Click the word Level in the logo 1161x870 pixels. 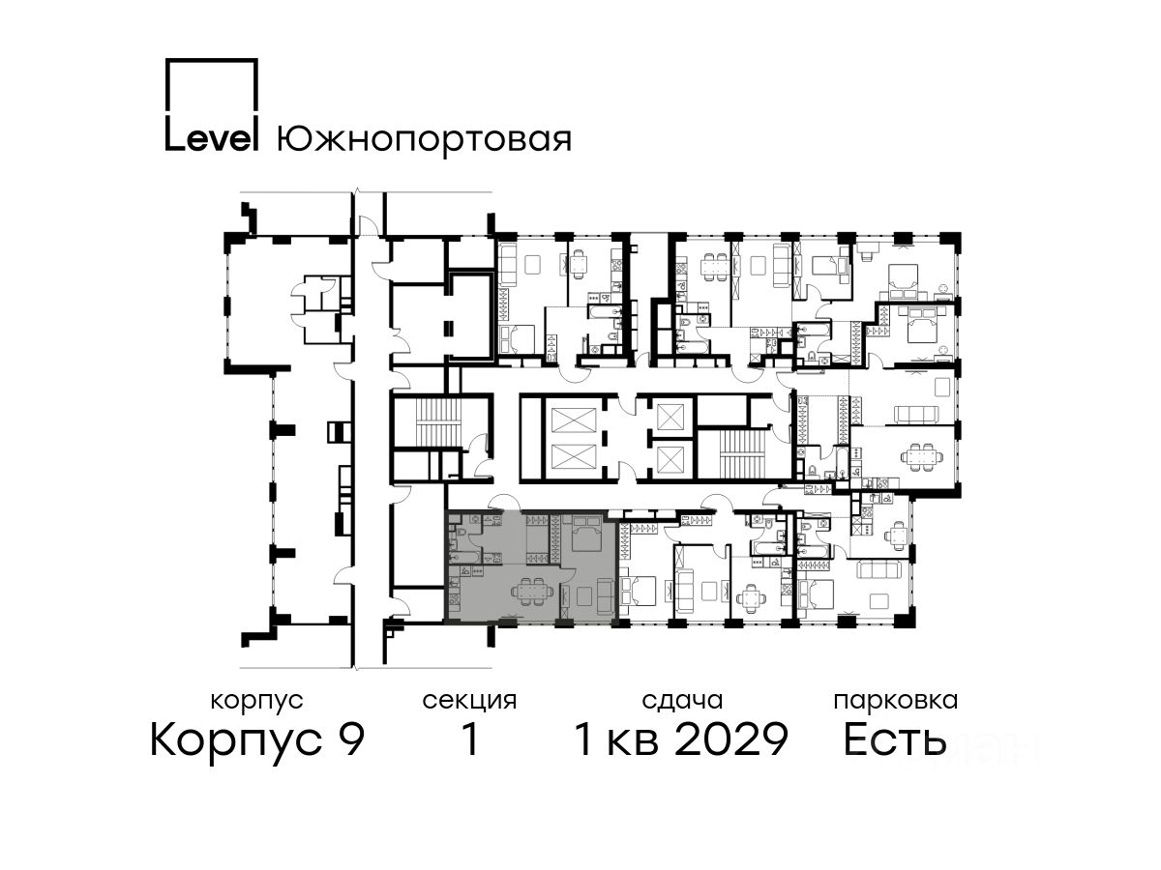point(211,138)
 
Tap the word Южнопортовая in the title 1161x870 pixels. point(424,140)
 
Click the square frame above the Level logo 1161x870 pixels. point(212,87)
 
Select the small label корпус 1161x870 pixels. point(256,702)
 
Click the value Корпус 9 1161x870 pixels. point(257,739)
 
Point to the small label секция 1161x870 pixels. point(469,702)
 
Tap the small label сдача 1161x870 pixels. point(682,702)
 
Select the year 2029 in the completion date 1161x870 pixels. point(732,739)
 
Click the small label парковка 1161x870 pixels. point(896,702)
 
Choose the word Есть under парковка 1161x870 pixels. point(895,739)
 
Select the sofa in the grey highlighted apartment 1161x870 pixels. point(605,596)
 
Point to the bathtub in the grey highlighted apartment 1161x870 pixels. point(465,557)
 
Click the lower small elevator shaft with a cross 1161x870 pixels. point(670,457)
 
